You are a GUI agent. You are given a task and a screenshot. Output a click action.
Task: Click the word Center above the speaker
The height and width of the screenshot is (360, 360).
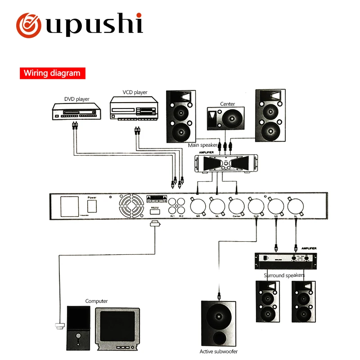tap(227, 104)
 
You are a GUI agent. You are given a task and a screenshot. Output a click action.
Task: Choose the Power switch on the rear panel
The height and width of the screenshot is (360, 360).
tap(92, 206)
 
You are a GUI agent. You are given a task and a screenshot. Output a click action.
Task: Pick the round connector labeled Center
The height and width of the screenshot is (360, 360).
tap(237, 207)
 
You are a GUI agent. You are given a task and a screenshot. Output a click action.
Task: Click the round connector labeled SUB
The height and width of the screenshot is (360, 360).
tap(256, 207)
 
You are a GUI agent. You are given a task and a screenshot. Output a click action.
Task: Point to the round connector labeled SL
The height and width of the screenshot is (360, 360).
tap(296, 207)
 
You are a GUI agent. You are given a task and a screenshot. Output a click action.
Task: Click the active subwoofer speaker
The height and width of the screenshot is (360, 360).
tap(218, 324)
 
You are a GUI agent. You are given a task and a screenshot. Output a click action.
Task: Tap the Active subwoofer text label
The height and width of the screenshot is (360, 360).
tap(219, 351)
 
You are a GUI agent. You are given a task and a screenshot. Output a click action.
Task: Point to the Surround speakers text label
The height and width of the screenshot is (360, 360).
tap(284, 275)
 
